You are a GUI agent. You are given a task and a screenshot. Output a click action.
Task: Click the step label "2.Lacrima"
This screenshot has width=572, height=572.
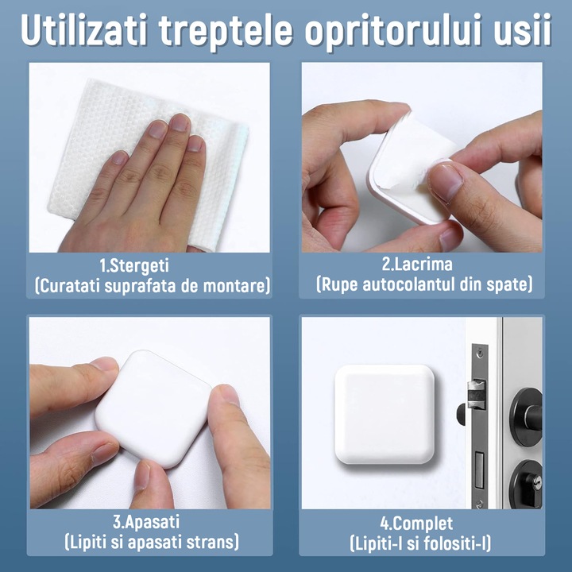[x=423, y=263]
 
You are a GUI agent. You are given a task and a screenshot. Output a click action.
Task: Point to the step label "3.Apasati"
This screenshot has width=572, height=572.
[x=146, y=523]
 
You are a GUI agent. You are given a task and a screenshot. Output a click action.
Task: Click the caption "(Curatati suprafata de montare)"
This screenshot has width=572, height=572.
[x=151, y=284]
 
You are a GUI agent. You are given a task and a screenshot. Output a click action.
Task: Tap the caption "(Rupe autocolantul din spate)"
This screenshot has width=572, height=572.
[x=423, y=284]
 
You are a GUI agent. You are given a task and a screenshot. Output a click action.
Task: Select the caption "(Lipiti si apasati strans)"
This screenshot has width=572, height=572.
[x=151, y=543]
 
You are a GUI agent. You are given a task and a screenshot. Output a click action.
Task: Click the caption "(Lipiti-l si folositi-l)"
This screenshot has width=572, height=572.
[x=420, y=543]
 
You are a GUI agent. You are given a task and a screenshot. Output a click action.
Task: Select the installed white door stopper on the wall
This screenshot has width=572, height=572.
[x=385, y=413]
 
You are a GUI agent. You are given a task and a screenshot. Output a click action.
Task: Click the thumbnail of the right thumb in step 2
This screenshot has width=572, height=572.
[x=450, y=180]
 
